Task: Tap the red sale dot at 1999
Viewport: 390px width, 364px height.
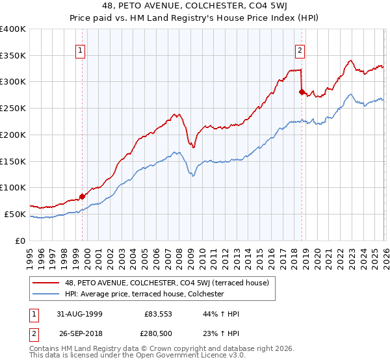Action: point(83,196)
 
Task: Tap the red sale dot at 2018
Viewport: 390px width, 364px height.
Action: point(302,92)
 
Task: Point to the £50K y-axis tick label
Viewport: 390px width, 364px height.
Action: point(16,214)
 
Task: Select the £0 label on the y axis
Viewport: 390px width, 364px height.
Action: point(21,240)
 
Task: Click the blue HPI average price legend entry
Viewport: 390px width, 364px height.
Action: point(144,294)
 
